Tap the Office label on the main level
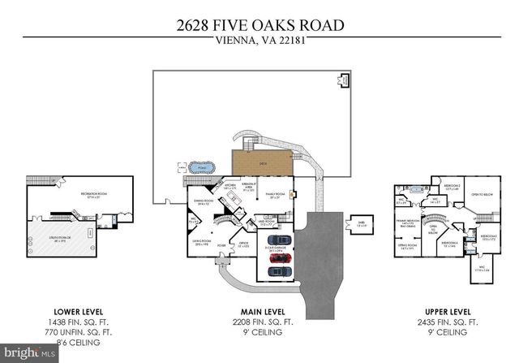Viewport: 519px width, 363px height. click(242, 244)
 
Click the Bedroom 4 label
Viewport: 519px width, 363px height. click(449, 242)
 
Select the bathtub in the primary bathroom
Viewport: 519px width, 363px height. click(416, 188)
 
